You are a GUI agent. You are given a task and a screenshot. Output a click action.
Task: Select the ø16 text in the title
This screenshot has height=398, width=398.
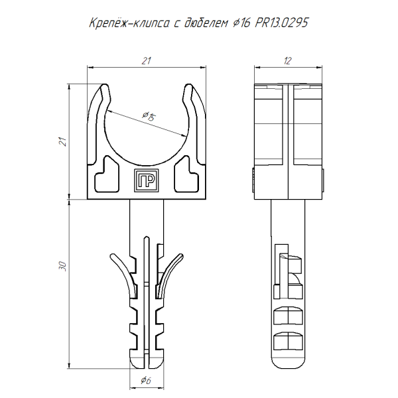[x=241, y=24]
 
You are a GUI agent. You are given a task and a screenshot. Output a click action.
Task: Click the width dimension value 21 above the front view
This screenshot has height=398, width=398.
[x=147, y=61]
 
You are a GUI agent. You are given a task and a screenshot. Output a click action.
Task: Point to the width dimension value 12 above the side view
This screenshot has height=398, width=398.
[x=287, y=61]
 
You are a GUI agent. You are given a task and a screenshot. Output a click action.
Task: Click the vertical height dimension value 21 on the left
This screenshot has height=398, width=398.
[x=63, y=141]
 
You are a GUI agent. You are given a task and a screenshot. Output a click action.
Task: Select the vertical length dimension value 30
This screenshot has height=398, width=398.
[x=63, y=266]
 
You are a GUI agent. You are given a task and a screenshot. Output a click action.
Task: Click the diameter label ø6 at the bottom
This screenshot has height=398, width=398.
[x=146, y=380]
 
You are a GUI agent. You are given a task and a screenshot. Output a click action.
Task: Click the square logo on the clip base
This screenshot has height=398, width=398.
[x=146, y=180]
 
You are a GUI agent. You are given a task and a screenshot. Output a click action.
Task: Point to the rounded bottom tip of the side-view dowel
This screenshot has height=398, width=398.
[x=287, y=362]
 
